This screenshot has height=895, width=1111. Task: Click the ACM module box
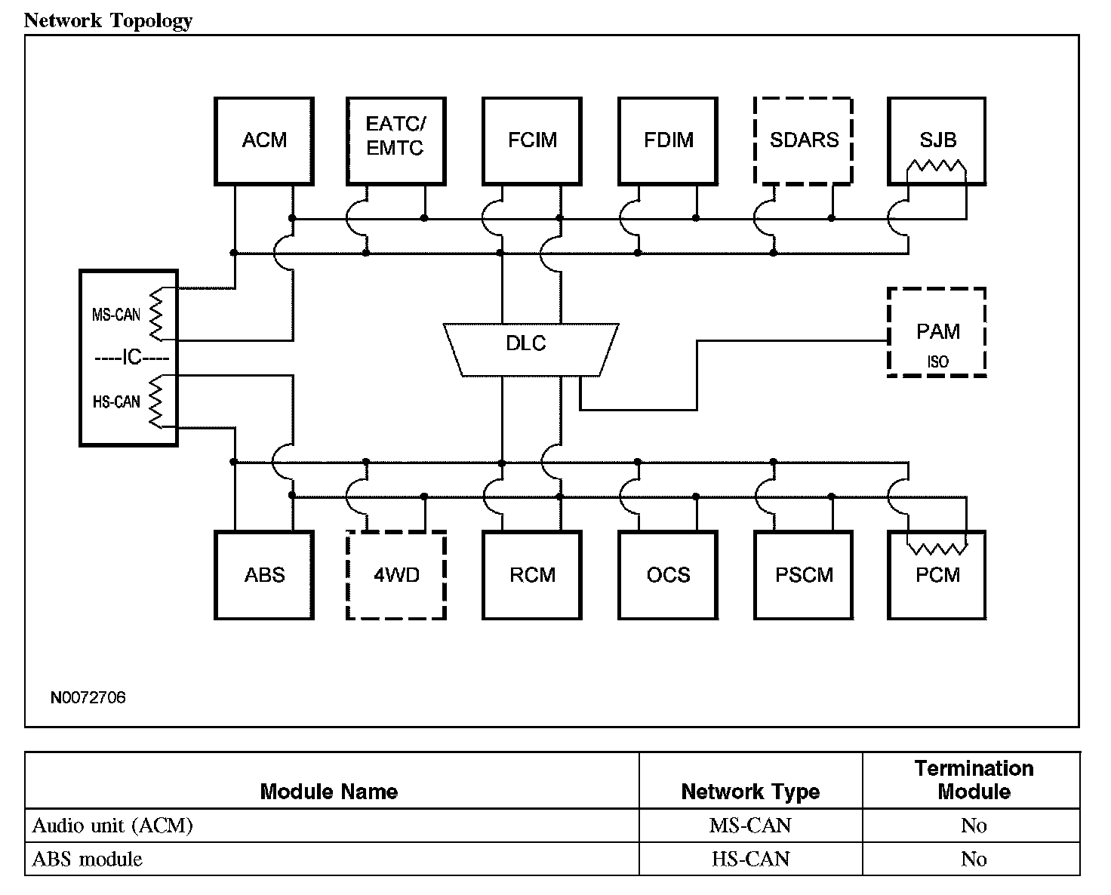click(x=264, y=140)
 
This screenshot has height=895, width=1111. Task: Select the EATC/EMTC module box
click(x=395, y=140)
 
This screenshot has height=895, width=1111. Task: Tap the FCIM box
click(x=532, y=140)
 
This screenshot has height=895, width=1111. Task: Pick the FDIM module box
click(x=668, y=140)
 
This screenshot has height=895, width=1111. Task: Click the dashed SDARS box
click(x=803, y=140)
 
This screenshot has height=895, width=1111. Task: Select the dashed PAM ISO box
click(x=937, y=332)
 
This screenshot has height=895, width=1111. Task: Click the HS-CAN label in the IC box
click(x=116, y=402)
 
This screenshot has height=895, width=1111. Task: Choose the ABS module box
click(x=264, y=575)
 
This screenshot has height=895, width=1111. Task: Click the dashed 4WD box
click(x=395, y=575)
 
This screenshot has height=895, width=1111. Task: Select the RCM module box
click(x=532, y=575)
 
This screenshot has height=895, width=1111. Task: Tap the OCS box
click(x=668, y=575)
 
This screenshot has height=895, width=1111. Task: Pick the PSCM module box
click(x=803, y=575)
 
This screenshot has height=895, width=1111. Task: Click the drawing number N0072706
click(x=88, y=697)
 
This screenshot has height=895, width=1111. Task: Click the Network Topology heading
click(x=108, y=20)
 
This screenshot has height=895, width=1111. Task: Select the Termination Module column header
click(x=973, y=780)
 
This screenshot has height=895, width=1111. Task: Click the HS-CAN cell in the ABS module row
click(x=750, y=859)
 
